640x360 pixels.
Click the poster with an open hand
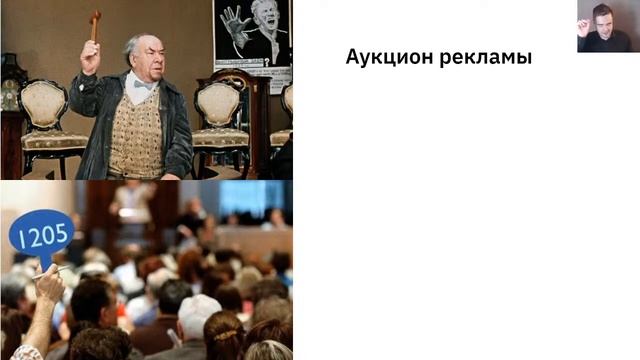[251, 40]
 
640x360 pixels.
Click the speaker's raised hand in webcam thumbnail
[584, 28]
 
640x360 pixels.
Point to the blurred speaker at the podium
[132, 205]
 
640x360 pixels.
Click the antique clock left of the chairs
[11, 110]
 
